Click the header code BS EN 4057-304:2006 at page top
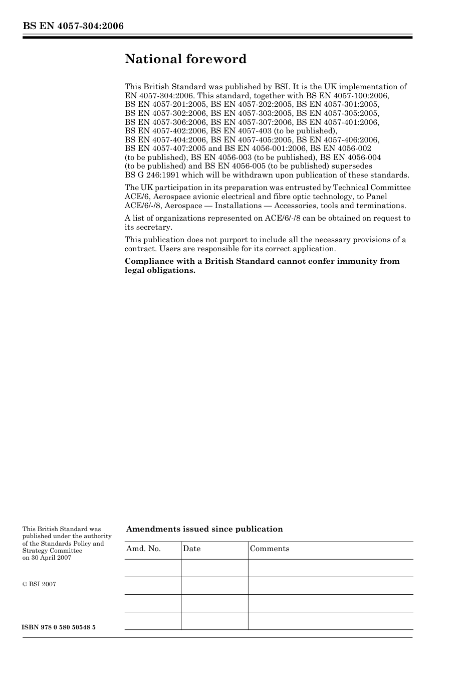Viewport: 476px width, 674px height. pyautogui.click(x=73, y=27)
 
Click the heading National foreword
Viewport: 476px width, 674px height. pyautogui.click(x=185, y=59)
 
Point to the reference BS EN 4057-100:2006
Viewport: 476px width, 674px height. pyautogui.click(x=347, y=95)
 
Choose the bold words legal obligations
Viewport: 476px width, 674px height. pyautogui.click(x=160, y=270)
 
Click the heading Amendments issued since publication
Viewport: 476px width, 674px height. pyautogui.click(x=204, y=529)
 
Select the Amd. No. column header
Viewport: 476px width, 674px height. pyautogui.click(x=143, y=549)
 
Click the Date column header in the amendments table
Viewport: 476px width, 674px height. pyautogui.click(x=191, y=549)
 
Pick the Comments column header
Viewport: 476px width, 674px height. pyautogui.click(x=270, y=549)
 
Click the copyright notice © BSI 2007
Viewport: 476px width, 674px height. pyautogui.click(x=39, y=584)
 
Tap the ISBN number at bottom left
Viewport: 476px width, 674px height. pyautogui.click(x=59, y=627)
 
